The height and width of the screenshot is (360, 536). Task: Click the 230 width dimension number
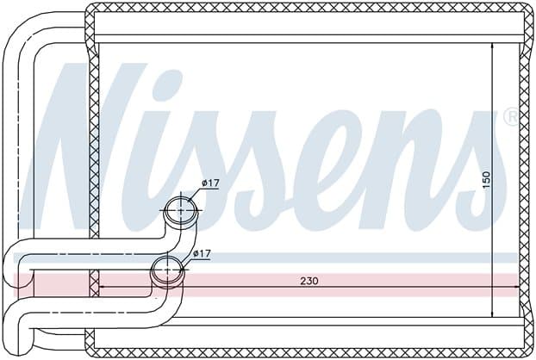click(x=309, y=281)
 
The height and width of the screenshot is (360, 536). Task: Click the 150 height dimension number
click(x=486, y=180)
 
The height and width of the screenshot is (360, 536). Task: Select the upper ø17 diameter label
click(x=210, y=183)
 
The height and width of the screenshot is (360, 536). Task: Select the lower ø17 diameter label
click(x=202, y=254)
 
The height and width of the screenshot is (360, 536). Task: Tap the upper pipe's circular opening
click(x=181, y=210)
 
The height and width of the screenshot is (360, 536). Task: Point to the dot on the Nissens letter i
click(x=166, y=84)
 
